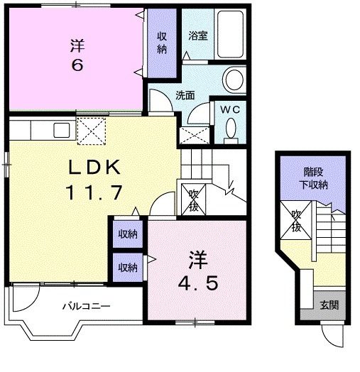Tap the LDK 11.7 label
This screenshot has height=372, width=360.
coord(97,180)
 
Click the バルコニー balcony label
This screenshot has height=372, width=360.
coord(84,307)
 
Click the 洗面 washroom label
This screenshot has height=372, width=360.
coord(185,95)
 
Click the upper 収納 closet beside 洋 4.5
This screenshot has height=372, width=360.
coord(128,234)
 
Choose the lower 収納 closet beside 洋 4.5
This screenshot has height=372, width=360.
coord(128,267)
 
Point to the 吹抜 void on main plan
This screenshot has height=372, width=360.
coord(192,199)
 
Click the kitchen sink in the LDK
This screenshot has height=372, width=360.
coord(61,130)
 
